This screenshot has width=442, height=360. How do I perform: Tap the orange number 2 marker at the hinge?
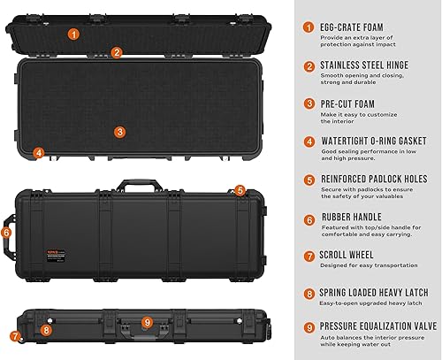[117, 52]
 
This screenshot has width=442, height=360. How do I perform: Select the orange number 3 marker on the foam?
[120, 132]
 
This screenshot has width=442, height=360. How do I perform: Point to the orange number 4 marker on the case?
[39, 152]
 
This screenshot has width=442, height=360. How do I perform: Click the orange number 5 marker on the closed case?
[239, 189]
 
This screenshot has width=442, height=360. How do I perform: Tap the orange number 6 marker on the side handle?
[6, 233]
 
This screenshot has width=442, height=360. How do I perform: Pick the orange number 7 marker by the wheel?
[14, 336]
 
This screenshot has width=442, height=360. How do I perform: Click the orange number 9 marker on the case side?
[147, 322]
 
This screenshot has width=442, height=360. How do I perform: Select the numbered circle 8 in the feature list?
[309, 293]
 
